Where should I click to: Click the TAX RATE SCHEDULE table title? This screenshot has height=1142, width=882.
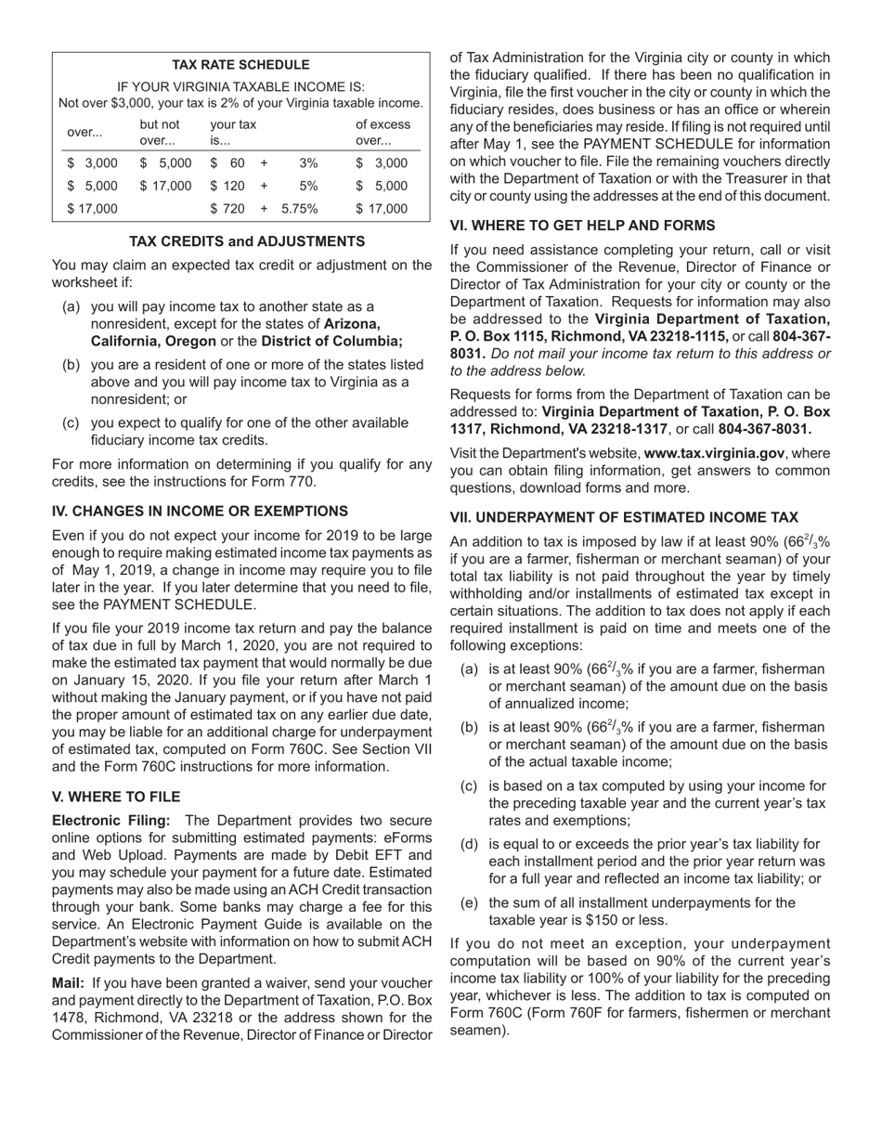(x=240, y=65)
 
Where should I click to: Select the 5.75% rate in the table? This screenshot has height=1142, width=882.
(x=299, y=209)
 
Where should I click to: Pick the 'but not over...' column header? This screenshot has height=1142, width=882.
(x=159, y=133)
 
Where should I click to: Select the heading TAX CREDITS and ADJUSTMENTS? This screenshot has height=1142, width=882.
(x=246, y=241)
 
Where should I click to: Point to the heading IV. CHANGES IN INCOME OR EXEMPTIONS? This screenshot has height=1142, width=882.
(x=200, y=512)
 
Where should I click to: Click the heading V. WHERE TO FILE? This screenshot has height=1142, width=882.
(x=116, y=798)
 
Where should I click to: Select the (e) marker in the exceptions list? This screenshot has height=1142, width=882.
(x=470, y=903)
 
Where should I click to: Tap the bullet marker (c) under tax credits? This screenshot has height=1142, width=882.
(x=71, y=423)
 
